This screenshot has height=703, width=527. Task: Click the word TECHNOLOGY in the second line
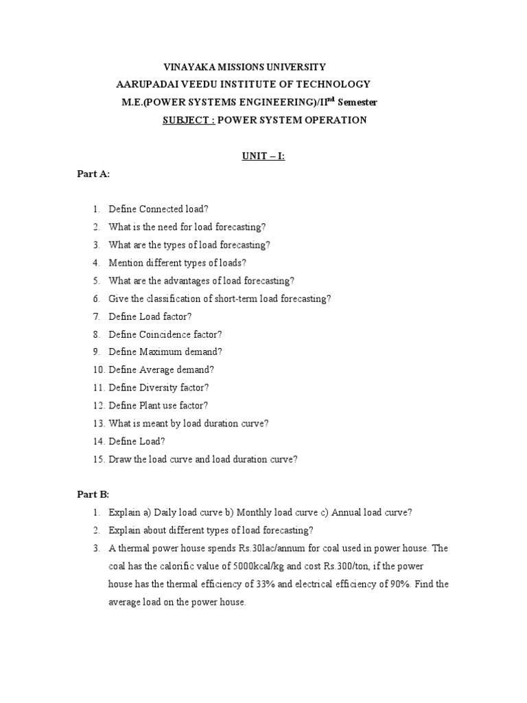(x=334, y=84)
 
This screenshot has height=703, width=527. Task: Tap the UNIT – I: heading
(x=263, y=157)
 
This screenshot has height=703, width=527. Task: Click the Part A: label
(x=93, y=174)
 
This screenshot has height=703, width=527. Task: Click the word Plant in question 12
(x=151, y=405)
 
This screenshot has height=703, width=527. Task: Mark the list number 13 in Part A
(x=97, y=423)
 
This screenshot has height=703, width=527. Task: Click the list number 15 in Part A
(x=97, y=459)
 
